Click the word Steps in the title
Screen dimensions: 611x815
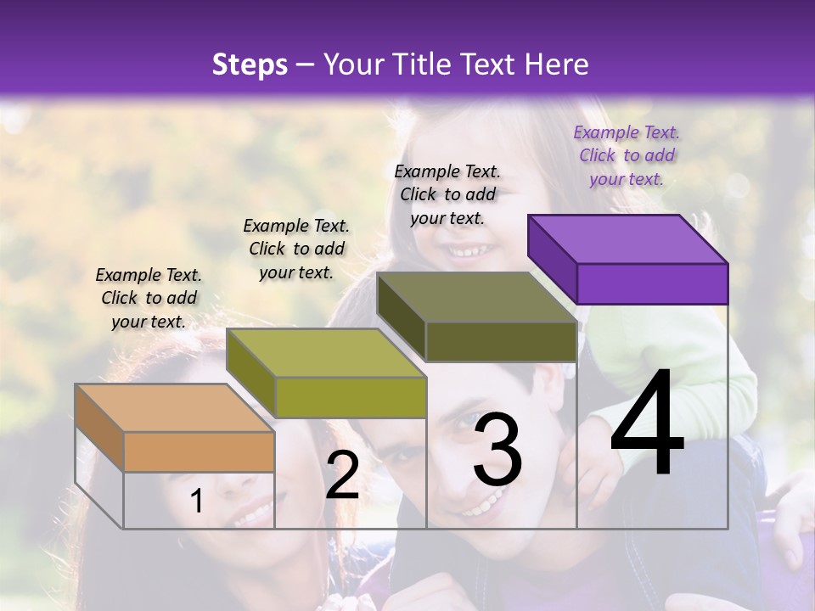(x=250, y=64)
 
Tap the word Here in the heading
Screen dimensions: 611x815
(x=555, y=64)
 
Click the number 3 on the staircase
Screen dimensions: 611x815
(x=497, y=451)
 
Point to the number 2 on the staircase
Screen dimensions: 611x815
(x=342, y=475)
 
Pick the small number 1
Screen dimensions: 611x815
(x=197, y=502)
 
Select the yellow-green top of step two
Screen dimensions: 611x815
(x=327, y=352)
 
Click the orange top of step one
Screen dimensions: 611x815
(x=175, y=408)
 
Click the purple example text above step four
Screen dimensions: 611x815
(x=627, y=155)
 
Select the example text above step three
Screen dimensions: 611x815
(x=447, y=194)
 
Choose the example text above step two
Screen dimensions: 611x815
(x=296, y=249)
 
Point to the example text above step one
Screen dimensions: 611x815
(x=149, y=298)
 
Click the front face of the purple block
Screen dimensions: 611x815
(x=652, y=283)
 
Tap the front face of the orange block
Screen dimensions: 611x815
(x=199, y=451)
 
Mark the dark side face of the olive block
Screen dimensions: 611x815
(x=401, y=316)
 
